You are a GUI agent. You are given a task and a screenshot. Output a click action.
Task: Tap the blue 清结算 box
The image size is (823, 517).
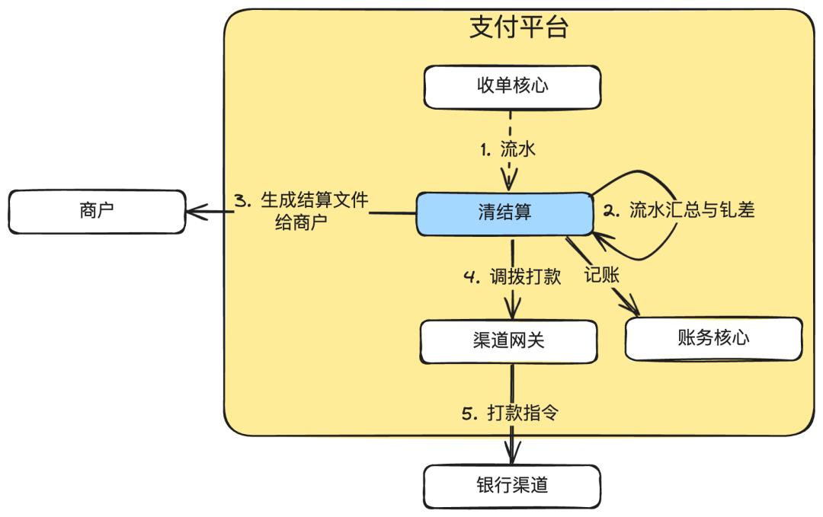click(x=504, y=213)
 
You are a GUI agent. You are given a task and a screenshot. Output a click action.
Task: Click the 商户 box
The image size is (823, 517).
click(x=96, y=211)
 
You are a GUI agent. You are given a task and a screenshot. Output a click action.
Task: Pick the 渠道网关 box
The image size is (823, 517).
click(x=508, y=340)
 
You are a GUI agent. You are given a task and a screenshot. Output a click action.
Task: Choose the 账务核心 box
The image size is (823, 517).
click(x=713, y=338)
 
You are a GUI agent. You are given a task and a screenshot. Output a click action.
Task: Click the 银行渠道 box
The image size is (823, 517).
click(x=511, y=485)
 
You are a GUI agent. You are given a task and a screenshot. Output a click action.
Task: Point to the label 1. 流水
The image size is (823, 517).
click(x=508, y=149)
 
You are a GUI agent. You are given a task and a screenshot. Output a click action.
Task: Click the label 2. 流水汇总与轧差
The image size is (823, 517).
click(x=679, y=211)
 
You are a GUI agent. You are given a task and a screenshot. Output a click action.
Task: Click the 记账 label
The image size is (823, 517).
click(x=602, y=276)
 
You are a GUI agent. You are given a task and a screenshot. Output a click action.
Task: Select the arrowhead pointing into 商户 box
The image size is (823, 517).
click(x=194, y=211)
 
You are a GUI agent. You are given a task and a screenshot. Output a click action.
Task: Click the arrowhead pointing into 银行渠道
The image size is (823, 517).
click(x=511, y=456)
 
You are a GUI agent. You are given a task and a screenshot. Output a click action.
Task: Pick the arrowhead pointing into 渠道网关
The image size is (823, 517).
click(x=511, y=312)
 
